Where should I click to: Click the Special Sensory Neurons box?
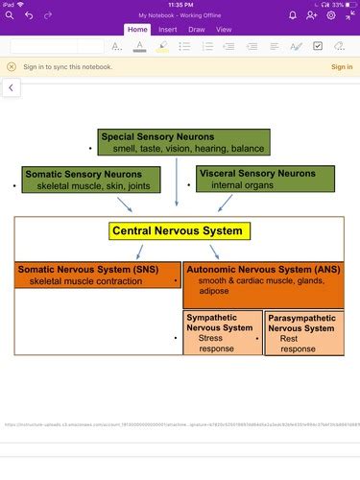(x=183, y=142)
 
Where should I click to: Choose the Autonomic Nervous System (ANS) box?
(x=263, y=279)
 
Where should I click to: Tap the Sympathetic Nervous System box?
(x=222, y=332)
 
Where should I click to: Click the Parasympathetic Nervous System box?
(x=303, y=333)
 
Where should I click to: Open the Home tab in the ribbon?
(x=137, y=30)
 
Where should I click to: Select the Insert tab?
(x=167, y=30)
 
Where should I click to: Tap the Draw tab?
(x=196, y=30)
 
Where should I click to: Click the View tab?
(x=224, y=30)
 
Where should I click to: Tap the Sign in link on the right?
(x=341, y=67)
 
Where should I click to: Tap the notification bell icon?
(x=293, y=15)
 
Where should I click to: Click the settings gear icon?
(x=331, y=15)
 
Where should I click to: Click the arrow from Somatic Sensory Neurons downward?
(x=124, y=204)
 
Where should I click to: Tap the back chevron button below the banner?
(x=11, y=87)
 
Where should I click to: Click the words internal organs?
(x=241, y=184)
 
